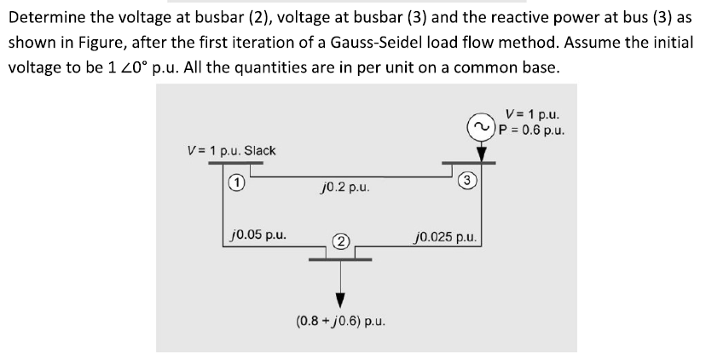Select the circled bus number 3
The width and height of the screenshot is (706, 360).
pos(465,180)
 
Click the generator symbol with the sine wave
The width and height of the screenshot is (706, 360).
pos(480,128)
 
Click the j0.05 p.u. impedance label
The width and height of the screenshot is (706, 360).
pos(259,232)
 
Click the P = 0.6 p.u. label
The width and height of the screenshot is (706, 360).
pos(534,130)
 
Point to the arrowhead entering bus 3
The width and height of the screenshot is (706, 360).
pos(481,154)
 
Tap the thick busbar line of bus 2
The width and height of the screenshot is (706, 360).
pos(340,258)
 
